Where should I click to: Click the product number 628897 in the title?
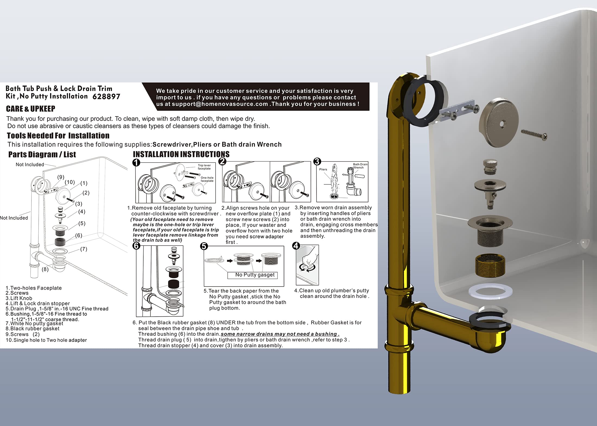(x=106, y=97)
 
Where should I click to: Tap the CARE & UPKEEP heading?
(x=30, y=109)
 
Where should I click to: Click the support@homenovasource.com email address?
(x=220, y=104)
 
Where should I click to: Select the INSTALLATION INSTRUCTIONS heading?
(x=181, y=154)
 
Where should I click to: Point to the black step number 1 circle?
(x=136, y=162)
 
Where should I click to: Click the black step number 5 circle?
(x=204, y=246)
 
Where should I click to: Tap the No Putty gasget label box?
(x=255, y=275)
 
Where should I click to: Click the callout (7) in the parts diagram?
(x=84, y=249)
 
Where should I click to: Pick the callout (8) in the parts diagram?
(x=45, y=269)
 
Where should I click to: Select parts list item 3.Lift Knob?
(x=19, y=298)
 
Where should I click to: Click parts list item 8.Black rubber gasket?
(x=33, y=329)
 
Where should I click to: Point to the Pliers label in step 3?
(x=323, y=169)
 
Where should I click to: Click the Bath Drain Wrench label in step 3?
(x=360, y=166)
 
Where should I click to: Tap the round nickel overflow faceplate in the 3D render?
(x=499, y=122)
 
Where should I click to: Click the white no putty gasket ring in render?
(x=490, y=292)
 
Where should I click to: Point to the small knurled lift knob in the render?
(x=490, y=166)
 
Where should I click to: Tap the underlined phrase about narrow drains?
(x=280, y=334)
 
